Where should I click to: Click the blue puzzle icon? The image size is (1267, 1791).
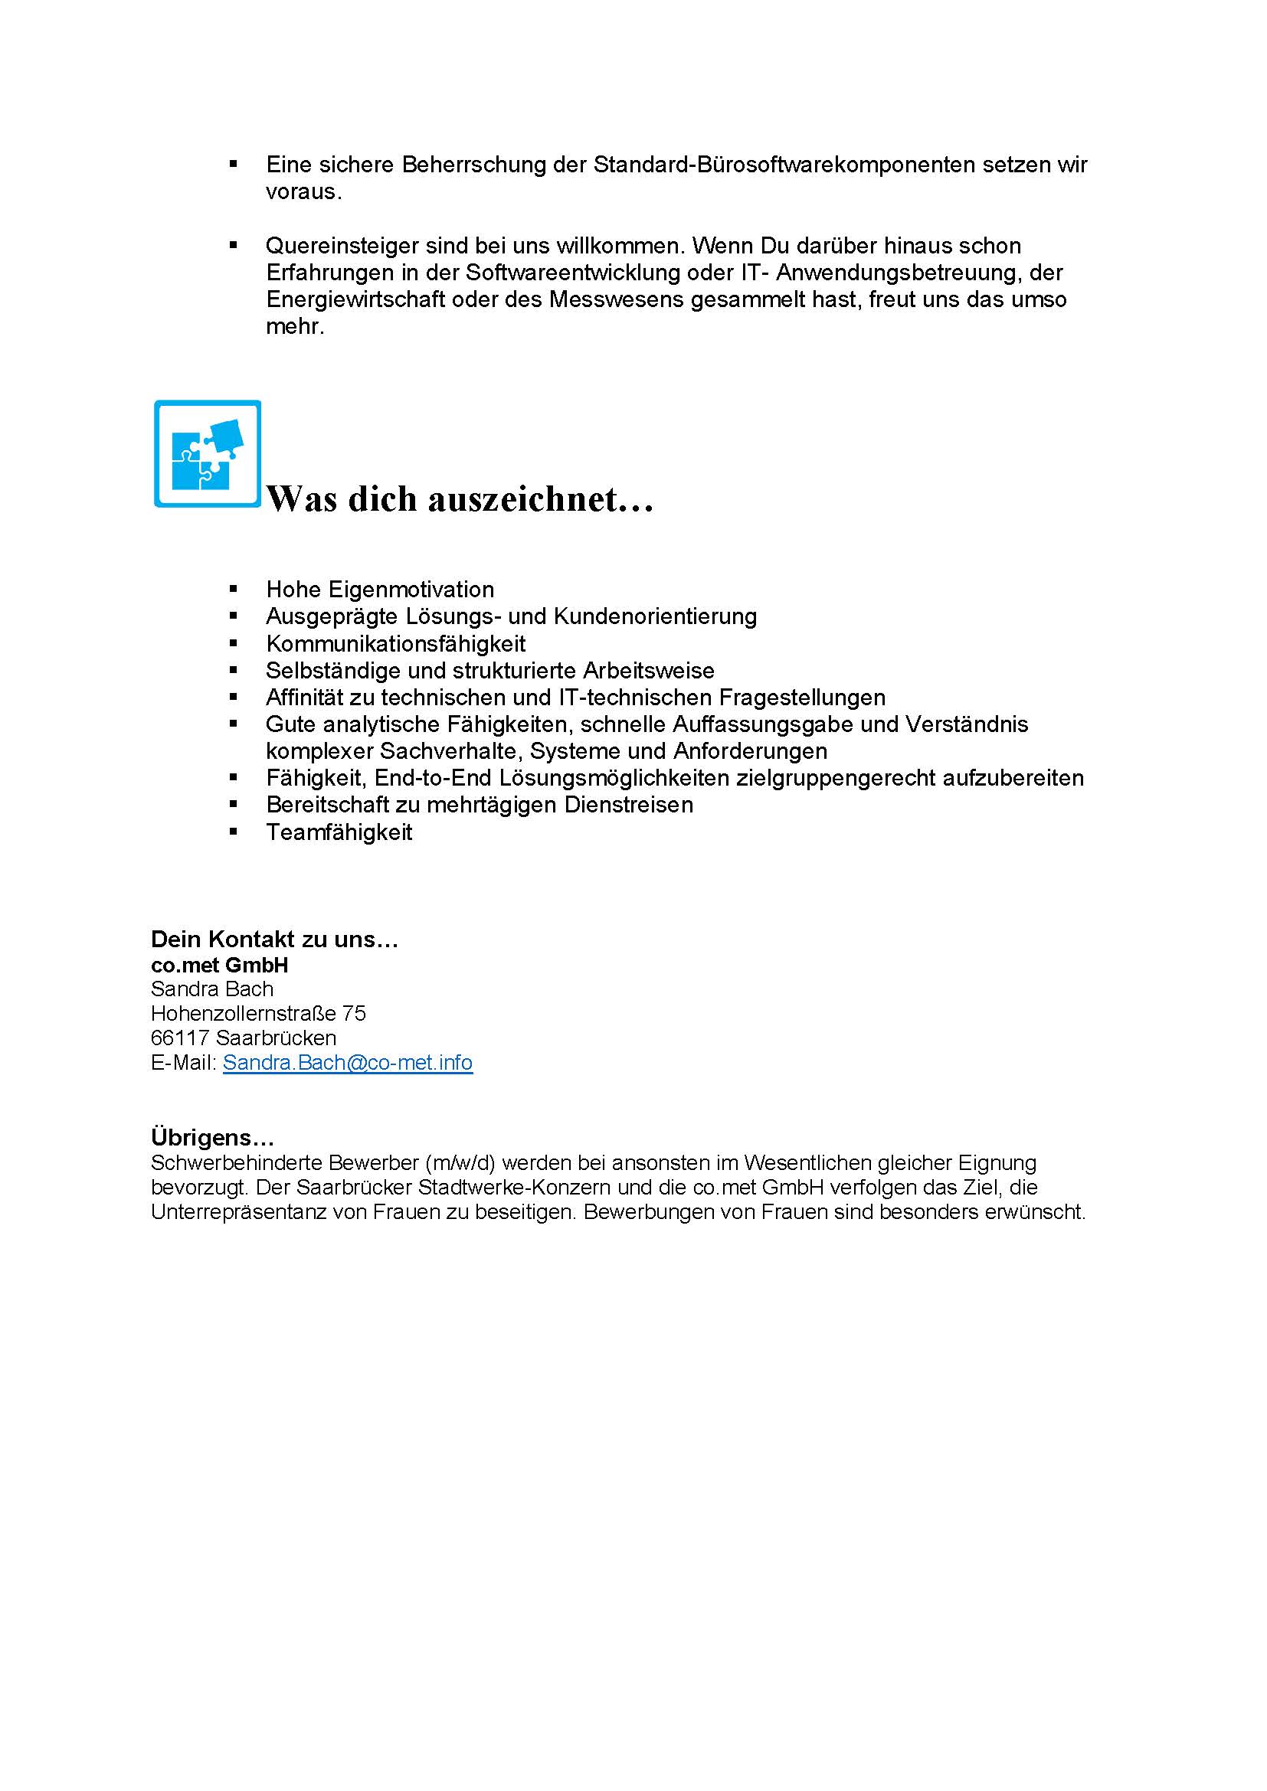208,454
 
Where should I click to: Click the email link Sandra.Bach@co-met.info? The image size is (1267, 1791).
347,1063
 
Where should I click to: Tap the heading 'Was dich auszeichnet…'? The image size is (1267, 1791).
460,499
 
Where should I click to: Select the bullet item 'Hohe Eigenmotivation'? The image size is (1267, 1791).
380,589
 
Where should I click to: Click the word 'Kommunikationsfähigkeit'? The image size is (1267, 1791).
395,643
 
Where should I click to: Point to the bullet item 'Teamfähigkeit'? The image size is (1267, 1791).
339,832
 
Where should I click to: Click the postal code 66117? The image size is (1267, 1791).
179,1038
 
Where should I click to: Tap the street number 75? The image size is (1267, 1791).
353,1013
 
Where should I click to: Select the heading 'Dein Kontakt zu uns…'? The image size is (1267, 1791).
275,940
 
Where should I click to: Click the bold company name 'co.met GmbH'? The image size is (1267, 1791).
219,965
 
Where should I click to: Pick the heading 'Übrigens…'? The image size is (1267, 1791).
212,1137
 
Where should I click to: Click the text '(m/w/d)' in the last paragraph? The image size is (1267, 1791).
460,1163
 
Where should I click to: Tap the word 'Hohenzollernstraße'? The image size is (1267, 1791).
244,1013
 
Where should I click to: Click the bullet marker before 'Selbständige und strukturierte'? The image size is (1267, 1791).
234,669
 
